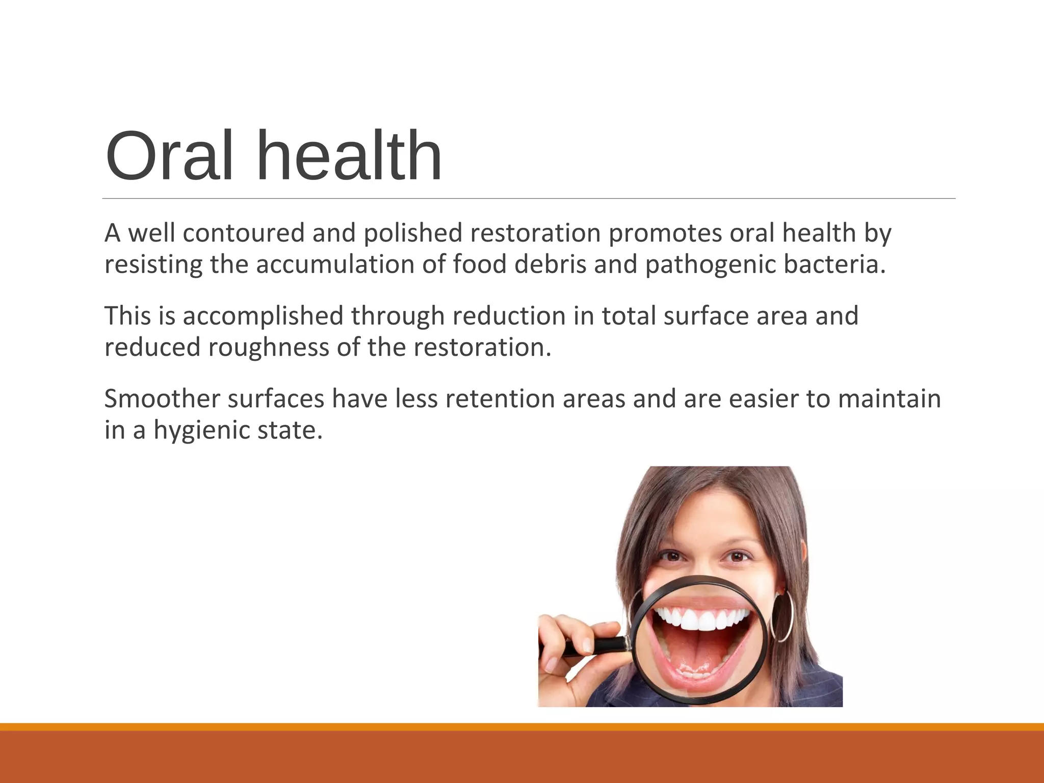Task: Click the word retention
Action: coord(500,399)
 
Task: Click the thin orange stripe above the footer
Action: coord(522,726)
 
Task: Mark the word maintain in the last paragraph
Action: coord(889,399)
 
